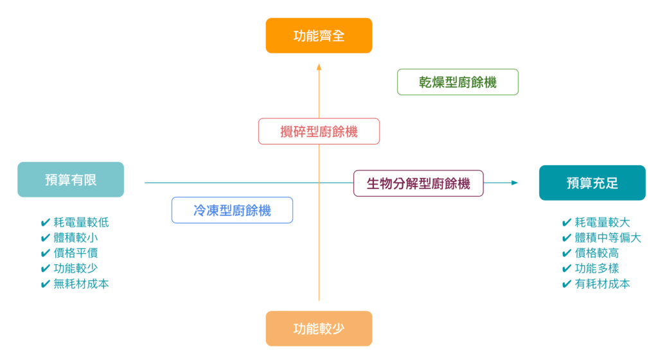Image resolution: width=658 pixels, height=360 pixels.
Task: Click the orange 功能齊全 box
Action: coord(319,35)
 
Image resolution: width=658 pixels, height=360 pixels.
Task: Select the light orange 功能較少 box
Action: coord(319,328)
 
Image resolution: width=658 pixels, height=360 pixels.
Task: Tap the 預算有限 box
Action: coord(71,179)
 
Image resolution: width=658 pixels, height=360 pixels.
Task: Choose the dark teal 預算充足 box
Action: coord(592,183)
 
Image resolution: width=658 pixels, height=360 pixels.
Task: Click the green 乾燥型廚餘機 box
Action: coord(458,82)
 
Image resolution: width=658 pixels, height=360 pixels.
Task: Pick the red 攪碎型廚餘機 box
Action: coord(319,131)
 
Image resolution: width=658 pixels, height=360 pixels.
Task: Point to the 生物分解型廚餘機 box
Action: coord(418,183)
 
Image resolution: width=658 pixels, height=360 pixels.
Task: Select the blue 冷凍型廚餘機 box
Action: coord(232,210)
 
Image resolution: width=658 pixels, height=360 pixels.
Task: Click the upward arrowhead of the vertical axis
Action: coord(319,66)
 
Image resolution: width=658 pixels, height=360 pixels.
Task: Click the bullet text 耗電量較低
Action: coord(81,222)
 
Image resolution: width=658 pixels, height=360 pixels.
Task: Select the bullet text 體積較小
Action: coord(76,238)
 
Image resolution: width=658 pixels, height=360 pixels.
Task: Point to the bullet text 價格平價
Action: coord(76,253)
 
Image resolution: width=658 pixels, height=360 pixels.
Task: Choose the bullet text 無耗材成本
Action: coord(81,283)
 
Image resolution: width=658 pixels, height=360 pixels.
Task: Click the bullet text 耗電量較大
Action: coord(602,222)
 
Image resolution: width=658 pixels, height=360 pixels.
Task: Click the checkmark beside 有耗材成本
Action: coord(567,284)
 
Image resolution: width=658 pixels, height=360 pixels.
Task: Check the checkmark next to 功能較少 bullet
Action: coord(46,269)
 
